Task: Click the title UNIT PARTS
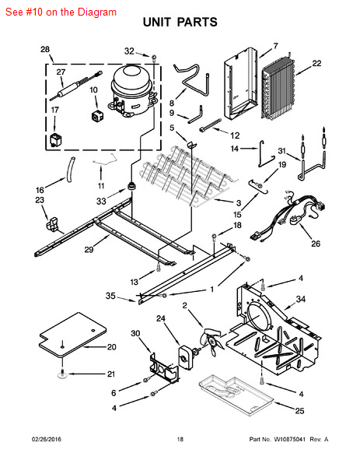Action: coord(180,23)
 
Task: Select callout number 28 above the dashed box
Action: coord(45,50)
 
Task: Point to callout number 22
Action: coord(316,63)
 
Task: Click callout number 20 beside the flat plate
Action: coord(111,347)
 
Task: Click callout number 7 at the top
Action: coord(274,46)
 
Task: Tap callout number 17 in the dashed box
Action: coord(54,111)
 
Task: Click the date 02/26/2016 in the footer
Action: coord(46,440)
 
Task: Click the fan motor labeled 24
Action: coord(186,354)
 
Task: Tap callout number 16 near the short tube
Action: coord(39,190)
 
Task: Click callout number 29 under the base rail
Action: coord(89,250)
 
